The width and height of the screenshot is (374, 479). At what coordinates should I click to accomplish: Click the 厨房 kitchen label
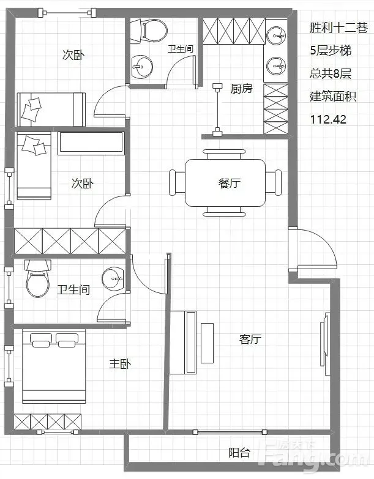[x=241, y=89]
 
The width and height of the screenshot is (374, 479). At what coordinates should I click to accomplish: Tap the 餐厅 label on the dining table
[x=229, y=184]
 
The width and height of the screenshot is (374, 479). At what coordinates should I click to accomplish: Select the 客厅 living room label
[x=250, y=339]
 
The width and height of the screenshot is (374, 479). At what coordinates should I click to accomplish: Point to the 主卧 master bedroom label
[x=121, y=364]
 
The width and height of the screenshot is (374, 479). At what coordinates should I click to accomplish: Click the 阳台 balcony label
[x=239, y=453]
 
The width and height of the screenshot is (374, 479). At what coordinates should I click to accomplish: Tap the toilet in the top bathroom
[x=149, y=30]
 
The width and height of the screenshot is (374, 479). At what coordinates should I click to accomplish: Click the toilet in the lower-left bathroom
[x=37, y=278]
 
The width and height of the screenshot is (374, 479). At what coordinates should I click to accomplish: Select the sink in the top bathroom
[x=142, y=67]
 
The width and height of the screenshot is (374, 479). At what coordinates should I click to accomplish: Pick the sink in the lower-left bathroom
[x=114, y=278]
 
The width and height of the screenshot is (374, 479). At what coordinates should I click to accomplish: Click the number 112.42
[x=328, y=119]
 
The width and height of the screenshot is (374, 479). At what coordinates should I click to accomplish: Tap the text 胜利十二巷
[x=338, y=28]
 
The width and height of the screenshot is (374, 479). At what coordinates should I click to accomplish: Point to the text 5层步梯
[x=331, y=50]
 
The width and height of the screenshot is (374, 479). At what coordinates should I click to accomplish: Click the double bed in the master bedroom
[x=54, y=366]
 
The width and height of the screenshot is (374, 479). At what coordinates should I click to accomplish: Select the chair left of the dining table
[x=178, y=183]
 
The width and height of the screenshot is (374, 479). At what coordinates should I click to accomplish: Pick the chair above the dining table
[x=224, y=154]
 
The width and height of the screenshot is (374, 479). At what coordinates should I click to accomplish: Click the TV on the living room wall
[x=325, y=339]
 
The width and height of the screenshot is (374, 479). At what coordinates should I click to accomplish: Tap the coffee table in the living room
[x=207, y=343]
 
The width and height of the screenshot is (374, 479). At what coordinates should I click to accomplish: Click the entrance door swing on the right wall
[x=313, y=248]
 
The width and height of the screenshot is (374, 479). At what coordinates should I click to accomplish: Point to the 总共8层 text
[x=331, y=73]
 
